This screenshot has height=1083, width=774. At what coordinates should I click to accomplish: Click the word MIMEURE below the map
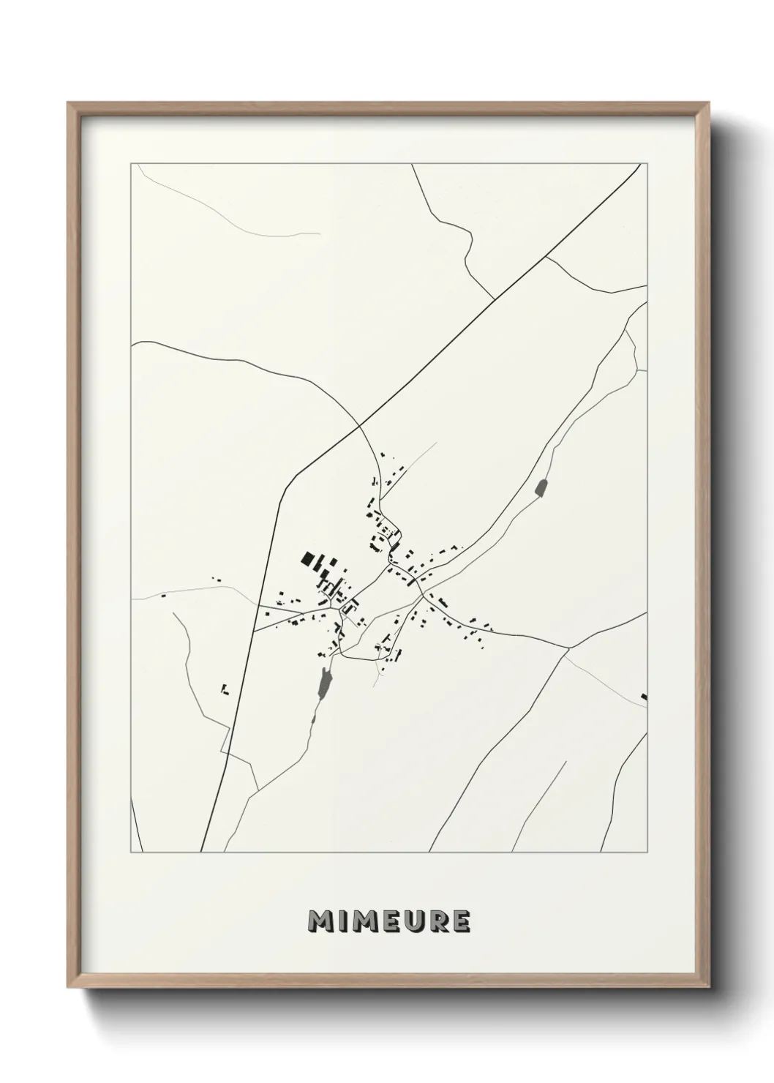(x=388, y=921)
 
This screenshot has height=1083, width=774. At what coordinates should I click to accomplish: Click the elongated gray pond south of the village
(x=325, y=681)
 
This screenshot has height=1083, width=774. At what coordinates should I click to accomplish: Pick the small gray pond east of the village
(x=541, y=487)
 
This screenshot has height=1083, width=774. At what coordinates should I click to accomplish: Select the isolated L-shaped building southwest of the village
(x=225, y=689)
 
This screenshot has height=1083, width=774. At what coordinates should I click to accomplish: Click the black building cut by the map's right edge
(x=644, y=697)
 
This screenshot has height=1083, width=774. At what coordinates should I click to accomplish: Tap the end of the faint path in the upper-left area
(x=320, y=233)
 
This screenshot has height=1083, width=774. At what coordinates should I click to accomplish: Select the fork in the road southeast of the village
(x=568, y=648)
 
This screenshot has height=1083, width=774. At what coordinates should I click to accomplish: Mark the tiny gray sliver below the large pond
(x=314, y=719)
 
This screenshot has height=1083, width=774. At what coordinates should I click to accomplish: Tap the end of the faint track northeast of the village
(x=436, y=443)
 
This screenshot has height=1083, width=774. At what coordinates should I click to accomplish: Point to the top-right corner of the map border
(x=647, y=164)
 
